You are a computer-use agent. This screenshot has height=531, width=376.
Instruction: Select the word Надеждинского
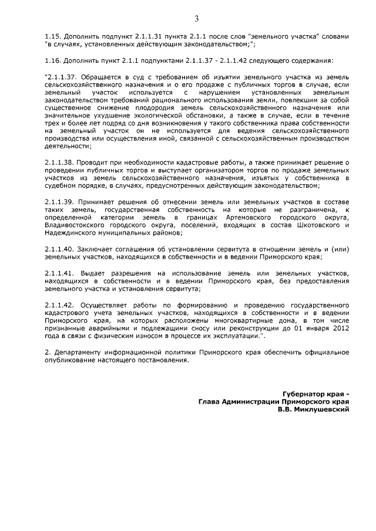70,233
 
